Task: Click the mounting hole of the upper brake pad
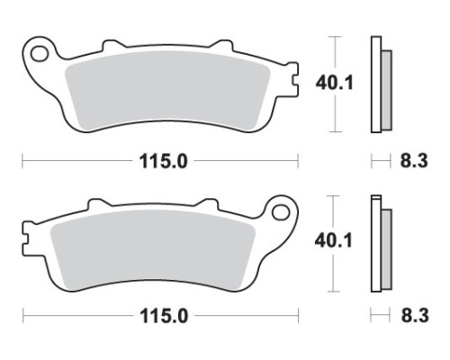(x=40, y=54)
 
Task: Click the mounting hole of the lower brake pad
(x=281, y=212)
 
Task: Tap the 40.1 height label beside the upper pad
(x=335, y=83)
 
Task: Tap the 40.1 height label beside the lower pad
(x=333, y=241)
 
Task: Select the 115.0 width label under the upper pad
(x=164, y=161)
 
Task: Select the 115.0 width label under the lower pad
(x=164, y=316)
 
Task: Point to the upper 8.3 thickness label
(x=414, y=161)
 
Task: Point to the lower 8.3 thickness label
(x=415, y=316)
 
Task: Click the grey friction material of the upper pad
(x=167, y=90)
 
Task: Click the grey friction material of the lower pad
(x=152, y=249)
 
